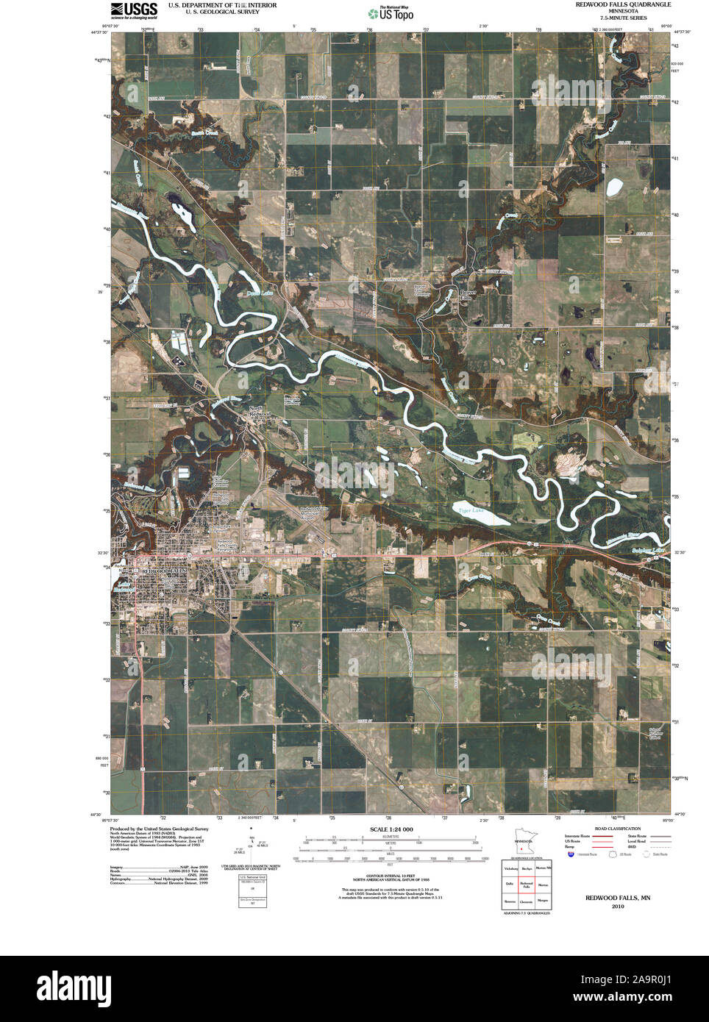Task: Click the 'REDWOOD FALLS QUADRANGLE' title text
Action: pos(623,4)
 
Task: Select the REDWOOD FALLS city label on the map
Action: pos(165,571)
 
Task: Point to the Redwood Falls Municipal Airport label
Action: pos(314,511)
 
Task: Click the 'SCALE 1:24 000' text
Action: pos(388,829)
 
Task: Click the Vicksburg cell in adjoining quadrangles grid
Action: pos(510,868)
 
